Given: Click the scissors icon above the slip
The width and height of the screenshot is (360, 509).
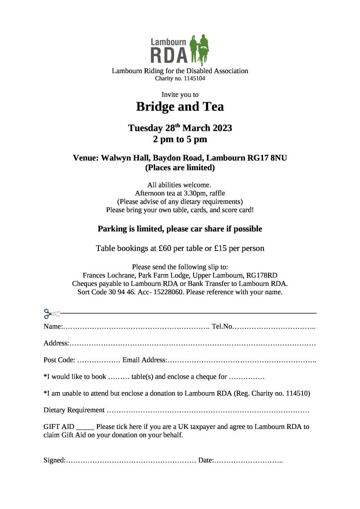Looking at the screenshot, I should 51,314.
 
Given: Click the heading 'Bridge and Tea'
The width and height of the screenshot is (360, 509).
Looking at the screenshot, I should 180,106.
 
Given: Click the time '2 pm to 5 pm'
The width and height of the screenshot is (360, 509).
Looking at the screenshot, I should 180,139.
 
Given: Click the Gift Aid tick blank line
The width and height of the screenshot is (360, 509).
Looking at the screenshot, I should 85,427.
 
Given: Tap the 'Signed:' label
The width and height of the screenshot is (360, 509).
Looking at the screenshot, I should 54,460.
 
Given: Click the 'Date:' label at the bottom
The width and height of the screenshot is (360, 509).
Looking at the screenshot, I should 206,460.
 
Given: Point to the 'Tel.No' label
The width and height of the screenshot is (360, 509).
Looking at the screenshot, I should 222,327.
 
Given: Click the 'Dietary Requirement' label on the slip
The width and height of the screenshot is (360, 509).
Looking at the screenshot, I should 74,410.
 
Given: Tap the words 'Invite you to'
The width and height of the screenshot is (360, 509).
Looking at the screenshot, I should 180,94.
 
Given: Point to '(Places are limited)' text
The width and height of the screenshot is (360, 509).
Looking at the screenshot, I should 180,168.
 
